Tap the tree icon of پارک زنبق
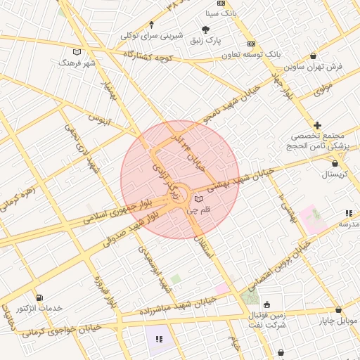[x=205, y=30]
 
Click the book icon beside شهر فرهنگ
[x=77, y=52]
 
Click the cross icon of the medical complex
[x=317, y=124]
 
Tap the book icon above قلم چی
[x=199, y=200]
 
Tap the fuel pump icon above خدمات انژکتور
[x=39, y=298]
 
